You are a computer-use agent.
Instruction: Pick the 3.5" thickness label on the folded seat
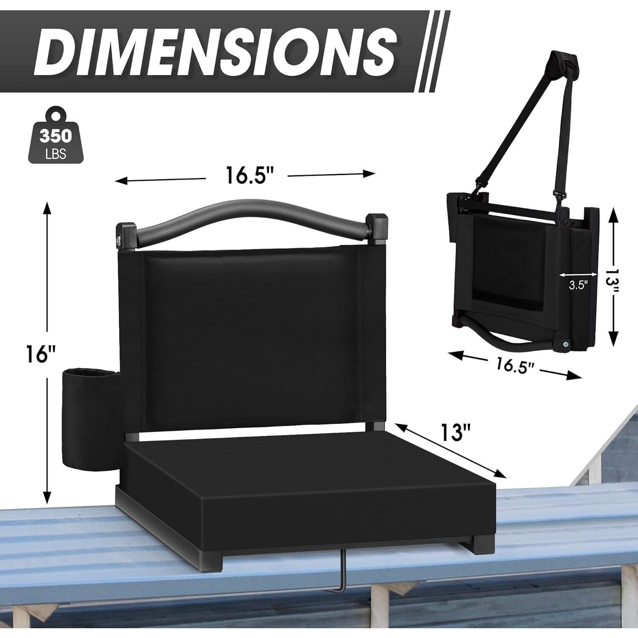[x=578, y=285]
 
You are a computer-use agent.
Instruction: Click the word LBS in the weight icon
[x=56, y=154]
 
